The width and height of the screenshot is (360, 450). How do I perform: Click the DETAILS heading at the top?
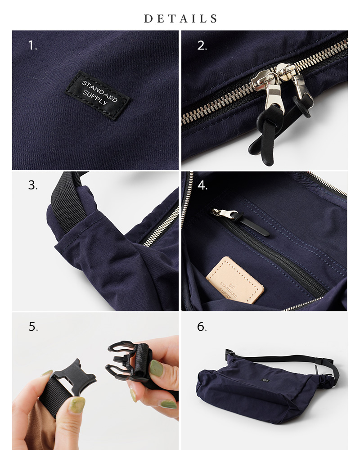180,19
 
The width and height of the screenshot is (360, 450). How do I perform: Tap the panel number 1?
32,45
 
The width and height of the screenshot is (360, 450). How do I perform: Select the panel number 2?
202,45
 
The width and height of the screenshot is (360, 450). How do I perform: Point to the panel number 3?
32,185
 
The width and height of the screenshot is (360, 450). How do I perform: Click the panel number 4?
202,185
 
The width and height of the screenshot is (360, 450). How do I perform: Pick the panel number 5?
33,326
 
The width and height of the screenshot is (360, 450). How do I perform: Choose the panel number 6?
202,326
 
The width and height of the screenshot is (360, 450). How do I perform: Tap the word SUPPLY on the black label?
95,99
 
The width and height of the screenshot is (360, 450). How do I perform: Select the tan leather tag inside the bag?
234,280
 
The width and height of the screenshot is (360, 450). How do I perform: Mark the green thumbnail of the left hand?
76,404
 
